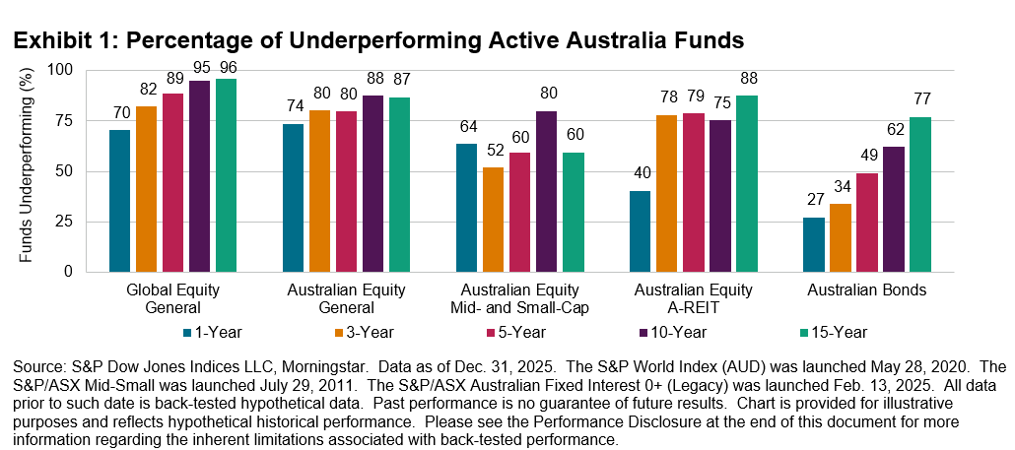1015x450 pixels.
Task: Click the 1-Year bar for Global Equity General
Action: tap(119, 201)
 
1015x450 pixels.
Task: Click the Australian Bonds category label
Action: tap(866, 290)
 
